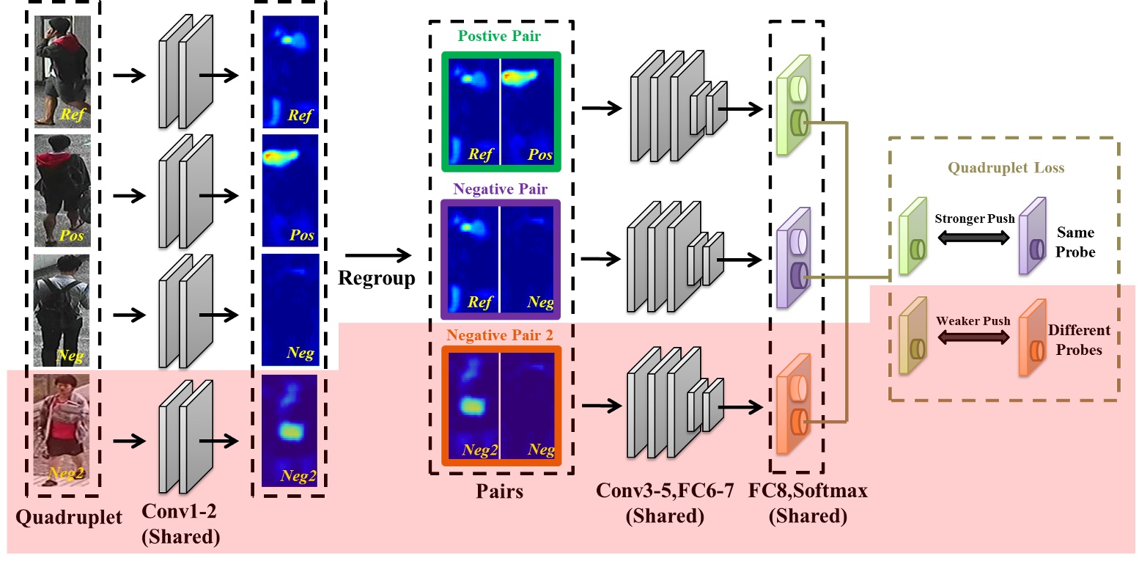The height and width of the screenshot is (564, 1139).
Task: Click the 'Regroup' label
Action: pyautogui.click(x=377, y=279)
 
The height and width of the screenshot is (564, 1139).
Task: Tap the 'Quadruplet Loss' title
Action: pyautogui.click(x=1006, y=168)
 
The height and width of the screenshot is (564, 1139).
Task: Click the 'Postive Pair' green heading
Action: pyautogui.click(x=501, y=36)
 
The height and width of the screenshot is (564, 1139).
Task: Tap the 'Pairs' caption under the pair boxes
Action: pyautogui.click(x=500, y=491)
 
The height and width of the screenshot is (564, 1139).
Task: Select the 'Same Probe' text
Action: pyautogui.click(x=1076, y=242)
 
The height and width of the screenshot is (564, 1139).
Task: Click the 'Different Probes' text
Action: pyautogui.click(x=1079, y=340)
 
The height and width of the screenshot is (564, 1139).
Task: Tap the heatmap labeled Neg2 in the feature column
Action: pyautogui.click(x=290, y=431)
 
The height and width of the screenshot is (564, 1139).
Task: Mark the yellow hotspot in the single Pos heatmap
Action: pyautogui.click(x=281, y=155)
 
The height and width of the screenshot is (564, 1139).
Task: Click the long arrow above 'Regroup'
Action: pyautogui.click(x=376, y=255)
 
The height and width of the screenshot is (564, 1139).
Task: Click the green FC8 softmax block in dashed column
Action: pyautogui.click(x=795, y=106)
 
